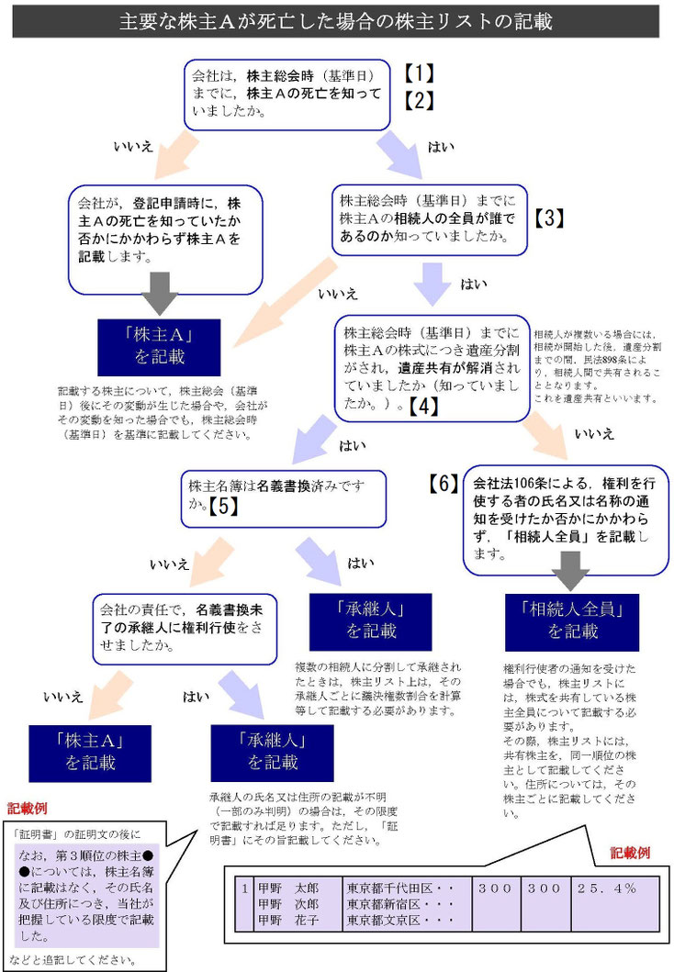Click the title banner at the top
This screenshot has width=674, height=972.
coord(336,20)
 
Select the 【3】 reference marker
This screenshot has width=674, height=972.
coord(548,218)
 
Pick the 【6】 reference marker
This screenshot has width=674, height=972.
coord(444,484)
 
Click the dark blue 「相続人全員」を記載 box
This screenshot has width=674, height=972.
coord(573,621)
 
